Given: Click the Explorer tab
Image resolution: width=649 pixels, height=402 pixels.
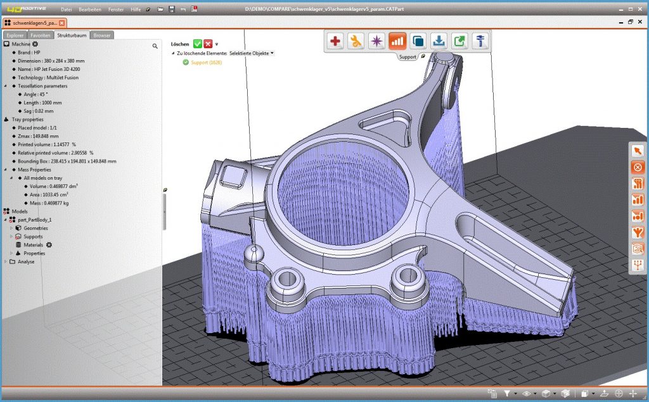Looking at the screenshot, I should coord(15,35).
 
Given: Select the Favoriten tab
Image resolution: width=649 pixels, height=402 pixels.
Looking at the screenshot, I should coord(41,35).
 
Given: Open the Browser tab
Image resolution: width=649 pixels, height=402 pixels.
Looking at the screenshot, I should coord(101,35).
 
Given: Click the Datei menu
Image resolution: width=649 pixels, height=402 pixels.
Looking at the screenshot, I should coord(67,9).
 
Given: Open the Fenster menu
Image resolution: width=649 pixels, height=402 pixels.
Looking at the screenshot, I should coord(116,9).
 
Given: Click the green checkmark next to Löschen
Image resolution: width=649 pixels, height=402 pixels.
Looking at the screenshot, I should coord(198,44).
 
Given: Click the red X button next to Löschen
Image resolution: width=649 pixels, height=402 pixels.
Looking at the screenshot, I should coord(208,44).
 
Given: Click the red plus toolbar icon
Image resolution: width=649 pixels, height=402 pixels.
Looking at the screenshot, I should coord(335,42).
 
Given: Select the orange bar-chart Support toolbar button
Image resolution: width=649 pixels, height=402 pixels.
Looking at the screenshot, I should coord(397,42).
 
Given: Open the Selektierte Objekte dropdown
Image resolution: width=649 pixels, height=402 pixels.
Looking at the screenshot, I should coord(252,53).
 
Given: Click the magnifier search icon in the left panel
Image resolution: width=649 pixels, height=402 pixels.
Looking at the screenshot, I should coord(155,46).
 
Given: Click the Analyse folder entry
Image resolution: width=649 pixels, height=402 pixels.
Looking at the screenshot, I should coord(26,261).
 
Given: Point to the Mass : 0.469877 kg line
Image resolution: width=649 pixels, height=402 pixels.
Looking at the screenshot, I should coord(50,203).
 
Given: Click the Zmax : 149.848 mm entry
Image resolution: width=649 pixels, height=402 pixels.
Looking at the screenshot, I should coord(38,135).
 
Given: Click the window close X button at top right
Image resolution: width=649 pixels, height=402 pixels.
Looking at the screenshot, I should coord(641,22).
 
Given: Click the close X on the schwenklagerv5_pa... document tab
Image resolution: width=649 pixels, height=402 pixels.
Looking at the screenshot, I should coord(61,23).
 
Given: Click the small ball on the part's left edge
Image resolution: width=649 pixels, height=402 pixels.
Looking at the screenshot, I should coord(253,254).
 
